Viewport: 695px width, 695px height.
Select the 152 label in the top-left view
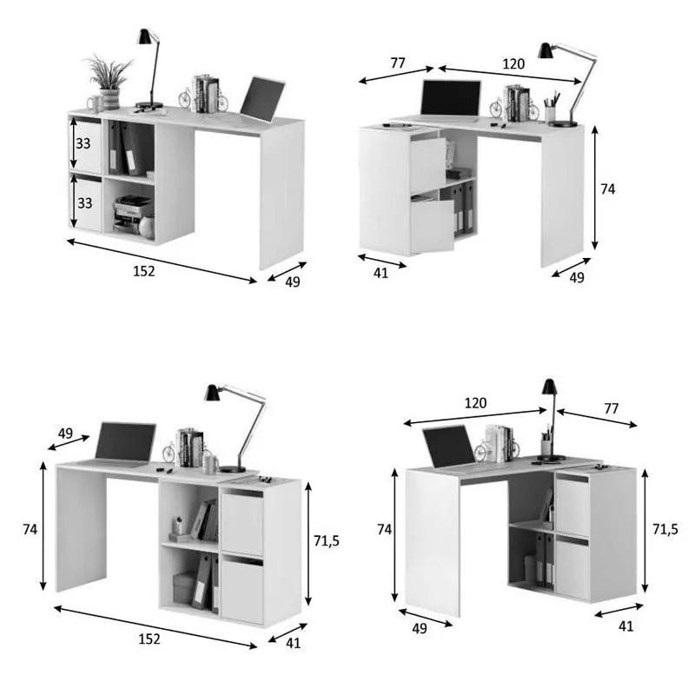[143, 270]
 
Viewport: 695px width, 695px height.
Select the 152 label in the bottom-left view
[149, 639]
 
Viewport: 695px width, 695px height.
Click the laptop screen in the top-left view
[262, 99]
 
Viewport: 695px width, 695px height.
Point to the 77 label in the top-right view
[398, 63]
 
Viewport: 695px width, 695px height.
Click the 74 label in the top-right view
[607, 189]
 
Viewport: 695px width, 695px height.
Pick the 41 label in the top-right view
[380, 272]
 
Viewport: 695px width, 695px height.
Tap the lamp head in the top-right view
[546, 50]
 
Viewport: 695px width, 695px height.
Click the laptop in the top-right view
[450, 99]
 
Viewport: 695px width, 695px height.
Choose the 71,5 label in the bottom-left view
[327, 540]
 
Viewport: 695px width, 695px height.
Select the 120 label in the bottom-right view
[475, 403]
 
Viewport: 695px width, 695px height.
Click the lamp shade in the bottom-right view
[549, 387]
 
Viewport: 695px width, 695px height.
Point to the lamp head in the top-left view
[144, 36]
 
